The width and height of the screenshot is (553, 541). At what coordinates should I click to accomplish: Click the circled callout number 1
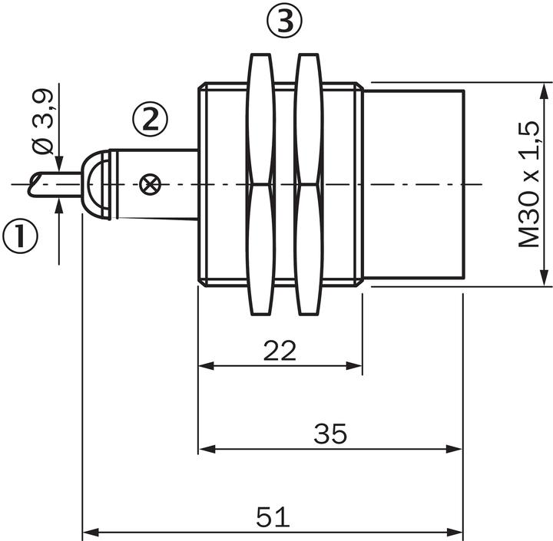[21, 237]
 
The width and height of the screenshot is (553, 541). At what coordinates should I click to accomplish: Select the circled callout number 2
[149, 119]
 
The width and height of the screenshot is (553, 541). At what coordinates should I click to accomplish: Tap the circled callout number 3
[285, 22]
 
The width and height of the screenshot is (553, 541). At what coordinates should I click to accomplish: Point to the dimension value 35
[330, 434]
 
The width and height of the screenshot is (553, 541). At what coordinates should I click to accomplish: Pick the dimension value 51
[273, 516]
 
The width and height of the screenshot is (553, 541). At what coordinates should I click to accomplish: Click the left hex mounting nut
[260, 184]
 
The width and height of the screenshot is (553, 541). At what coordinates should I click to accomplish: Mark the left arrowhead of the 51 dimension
[88, 531]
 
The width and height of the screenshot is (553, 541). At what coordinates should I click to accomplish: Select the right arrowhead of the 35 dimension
[456, 449]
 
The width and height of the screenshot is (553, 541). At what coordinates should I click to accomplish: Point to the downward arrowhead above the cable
[59, 164]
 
